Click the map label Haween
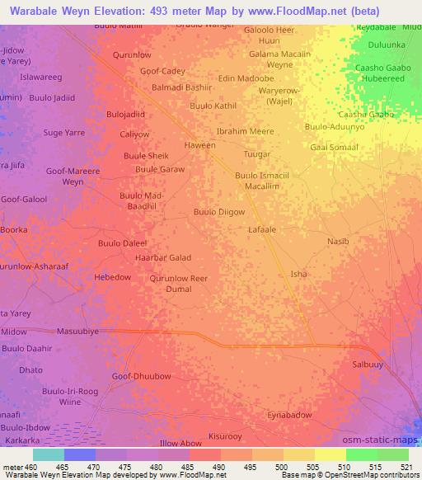tap(199, 145)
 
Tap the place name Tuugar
tap(257, 154)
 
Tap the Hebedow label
tap(113, 277)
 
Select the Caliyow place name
tap(134, 134)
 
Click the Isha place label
tap(298, 274)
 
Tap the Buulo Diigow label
tap(218, 212)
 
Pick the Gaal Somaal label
tap(334, 147)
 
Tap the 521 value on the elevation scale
tap(407, 466)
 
